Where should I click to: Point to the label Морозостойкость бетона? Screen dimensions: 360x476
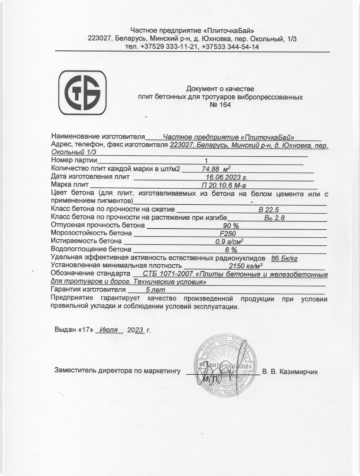(87, 233)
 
